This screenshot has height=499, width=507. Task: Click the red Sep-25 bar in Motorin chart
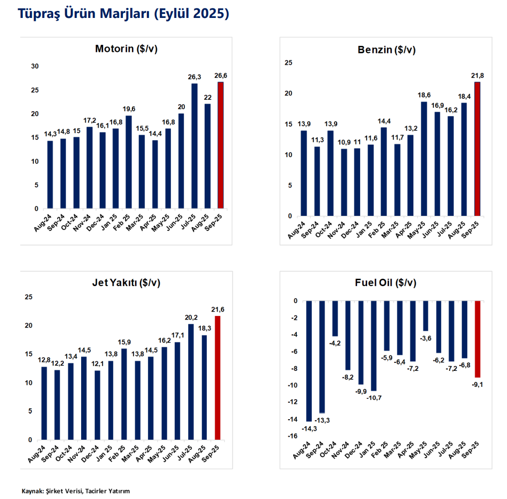click(x=221, y=145)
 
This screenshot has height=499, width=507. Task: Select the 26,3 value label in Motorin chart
click(x=194, y=77)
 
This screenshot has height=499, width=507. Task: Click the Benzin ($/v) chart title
click(x=386, y=50)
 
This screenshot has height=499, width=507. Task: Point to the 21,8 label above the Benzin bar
click(x=477, y=75)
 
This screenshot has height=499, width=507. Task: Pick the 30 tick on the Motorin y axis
click(x=35, y=66)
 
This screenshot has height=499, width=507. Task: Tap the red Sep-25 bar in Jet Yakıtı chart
click(x=217, y=378)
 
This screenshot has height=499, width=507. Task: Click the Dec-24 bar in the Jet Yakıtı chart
click(x=97, y=405)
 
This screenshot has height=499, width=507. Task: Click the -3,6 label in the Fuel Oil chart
click(x=425, y=338)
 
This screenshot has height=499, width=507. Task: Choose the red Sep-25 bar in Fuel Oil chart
click(x=478, y=339)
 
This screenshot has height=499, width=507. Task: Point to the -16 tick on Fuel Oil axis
click(x=292, y=437)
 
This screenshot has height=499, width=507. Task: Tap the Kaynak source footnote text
click(x=75, y=491)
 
